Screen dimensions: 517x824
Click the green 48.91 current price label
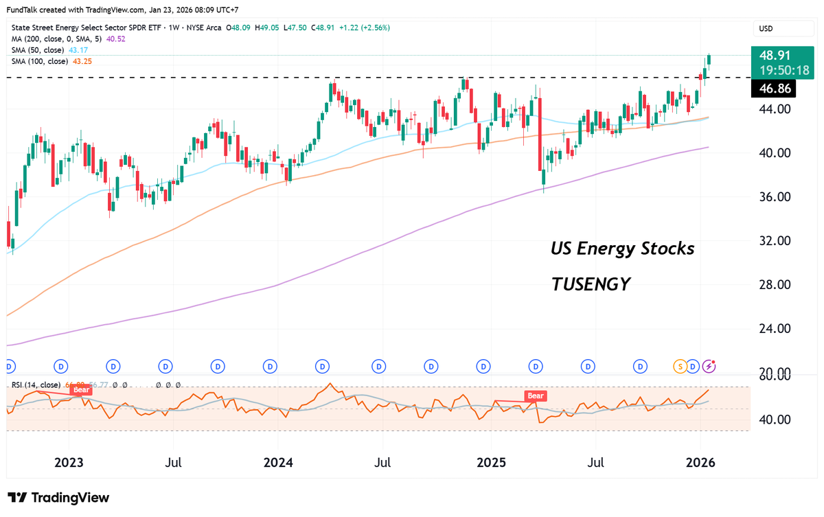click(783, 56)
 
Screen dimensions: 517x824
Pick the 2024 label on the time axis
click(278, 462)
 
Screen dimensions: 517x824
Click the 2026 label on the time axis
click(701, 462)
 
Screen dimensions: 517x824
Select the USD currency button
click(766, 29)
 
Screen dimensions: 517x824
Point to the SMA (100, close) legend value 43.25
click(82, 61)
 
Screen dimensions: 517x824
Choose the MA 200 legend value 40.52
click(116, 39)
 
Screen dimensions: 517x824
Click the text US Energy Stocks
click(622, 249)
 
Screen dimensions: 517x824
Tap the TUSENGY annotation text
click(591, 284)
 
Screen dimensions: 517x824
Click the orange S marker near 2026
click(680, 366)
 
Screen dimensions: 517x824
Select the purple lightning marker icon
click(710, 366)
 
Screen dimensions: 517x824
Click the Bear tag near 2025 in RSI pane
click(535, 395)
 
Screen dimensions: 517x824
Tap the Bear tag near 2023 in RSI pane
click(82, 390)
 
